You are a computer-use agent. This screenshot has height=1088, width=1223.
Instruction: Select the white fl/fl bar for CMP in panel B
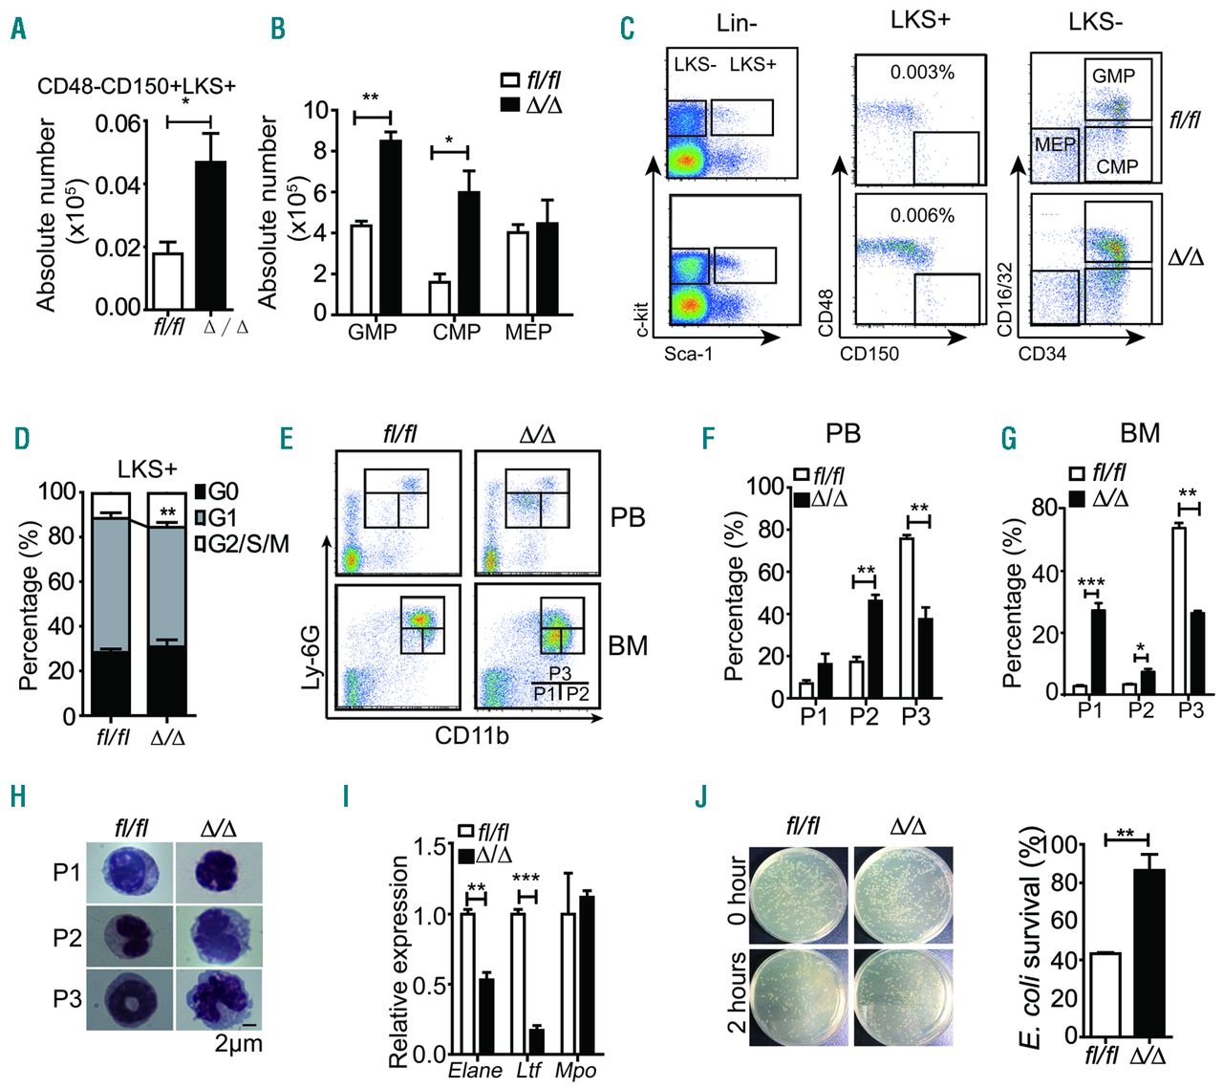(x=440, y=297)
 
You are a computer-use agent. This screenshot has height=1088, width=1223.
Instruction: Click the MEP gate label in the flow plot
(x=1055, y=144)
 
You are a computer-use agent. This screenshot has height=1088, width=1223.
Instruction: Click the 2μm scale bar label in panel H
(x=238, y=1043)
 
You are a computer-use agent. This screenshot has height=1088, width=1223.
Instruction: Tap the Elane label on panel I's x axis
(x=476, y=1070)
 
